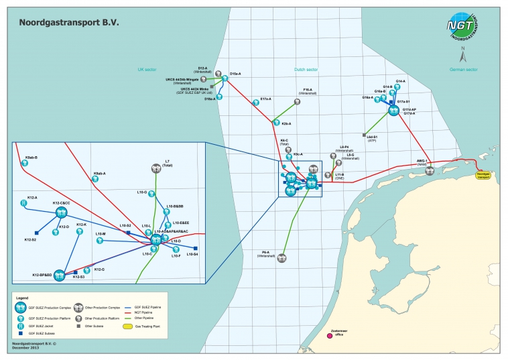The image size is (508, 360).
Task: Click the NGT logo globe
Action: point(462,26)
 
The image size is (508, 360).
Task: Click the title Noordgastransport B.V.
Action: point(69,21)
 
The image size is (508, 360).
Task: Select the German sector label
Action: point(463,69)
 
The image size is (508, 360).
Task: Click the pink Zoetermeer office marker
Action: point(329,336)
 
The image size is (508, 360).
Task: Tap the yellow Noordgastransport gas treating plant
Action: point(483,174)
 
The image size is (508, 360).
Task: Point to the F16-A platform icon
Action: point(297,102)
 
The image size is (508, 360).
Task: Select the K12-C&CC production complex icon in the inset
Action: point(61,213)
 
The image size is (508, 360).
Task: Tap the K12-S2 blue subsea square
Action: point(36,233)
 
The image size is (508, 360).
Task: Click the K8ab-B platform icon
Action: point(24,164)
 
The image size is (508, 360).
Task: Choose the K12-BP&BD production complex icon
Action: point(59,275)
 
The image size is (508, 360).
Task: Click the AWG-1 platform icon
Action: point(429,170)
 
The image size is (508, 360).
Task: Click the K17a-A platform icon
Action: point(257,103)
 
